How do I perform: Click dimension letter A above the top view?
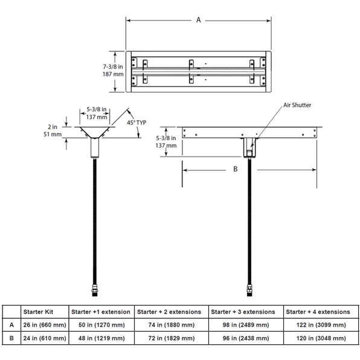(x=198, y=20)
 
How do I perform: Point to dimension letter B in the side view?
(x=235, y=170)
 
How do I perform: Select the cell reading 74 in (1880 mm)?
(x=169, y=325)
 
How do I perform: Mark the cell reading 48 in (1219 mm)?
(x=99, y=338)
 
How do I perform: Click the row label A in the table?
(x=10, y=325)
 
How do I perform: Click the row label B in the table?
(x=10, y=338)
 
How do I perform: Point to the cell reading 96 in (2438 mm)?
(x=243, y=338)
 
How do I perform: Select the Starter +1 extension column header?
(x=99, y=312)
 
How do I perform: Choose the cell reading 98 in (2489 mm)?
(x=243, y=325)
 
